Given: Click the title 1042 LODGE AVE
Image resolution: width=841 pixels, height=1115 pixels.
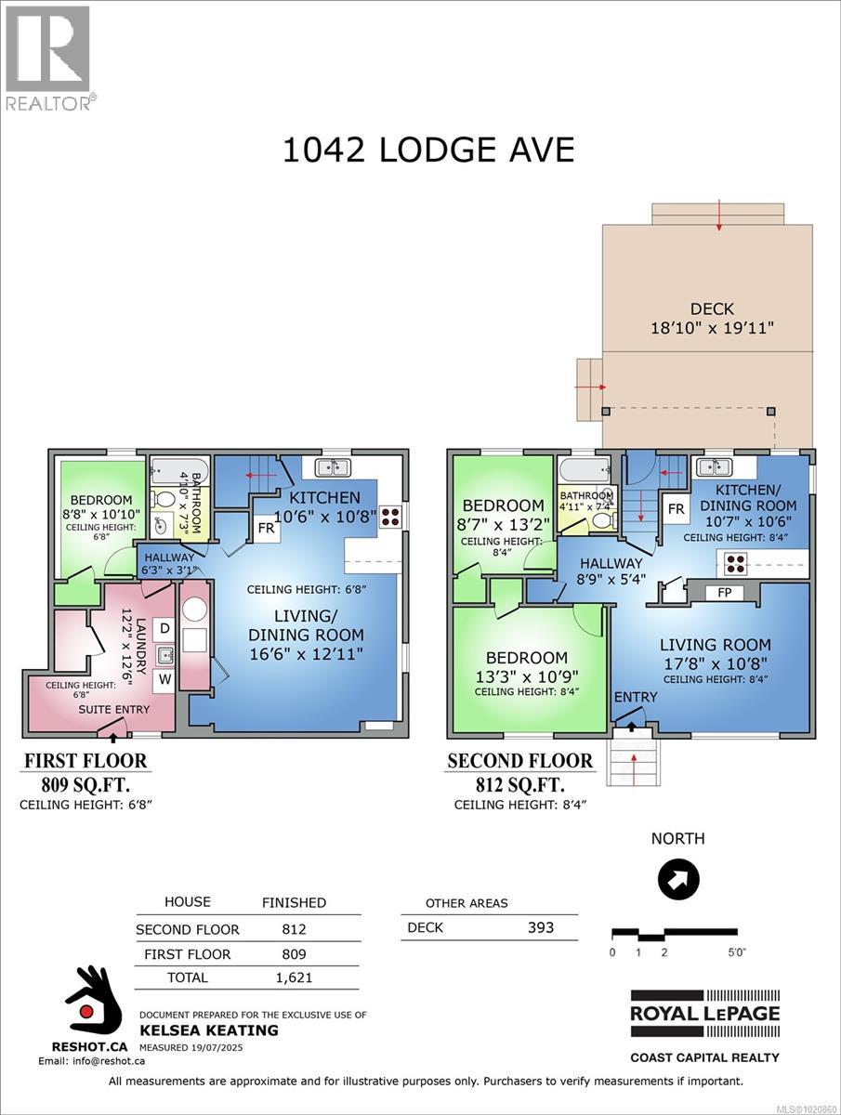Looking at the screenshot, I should click(428, 149).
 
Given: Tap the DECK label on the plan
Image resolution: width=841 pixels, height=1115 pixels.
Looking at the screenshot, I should click(712, 308).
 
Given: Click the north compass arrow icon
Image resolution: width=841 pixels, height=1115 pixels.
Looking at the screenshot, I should click(678, 879).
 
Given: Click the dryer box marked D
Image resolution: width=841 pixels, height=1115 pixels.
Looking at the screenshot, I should click(164, 629).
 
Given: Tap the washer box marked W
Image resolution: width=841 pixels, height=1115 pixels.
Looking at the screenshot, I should click(164, 679).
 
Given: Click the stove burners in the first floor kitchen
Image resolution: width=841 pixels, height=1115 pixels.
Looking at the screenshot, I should click(390, 517).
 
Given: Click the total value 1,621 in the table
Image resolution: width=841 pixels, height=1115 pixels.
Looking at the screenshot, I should click(294, 977).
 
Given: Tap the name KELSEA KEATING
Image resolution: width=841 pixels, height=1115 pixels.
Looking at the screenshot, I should click(208, 1030).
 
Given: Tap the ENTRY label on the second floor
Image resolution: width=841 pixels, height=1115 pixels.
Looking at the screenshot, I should click(636, 697).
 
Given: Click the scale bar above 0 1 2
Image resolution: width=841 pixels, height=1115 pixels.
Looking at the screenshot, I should click(673, 933).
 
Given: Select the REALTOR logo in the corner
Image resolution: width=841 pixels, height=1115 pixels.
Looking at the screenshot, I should click(48, 58).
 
